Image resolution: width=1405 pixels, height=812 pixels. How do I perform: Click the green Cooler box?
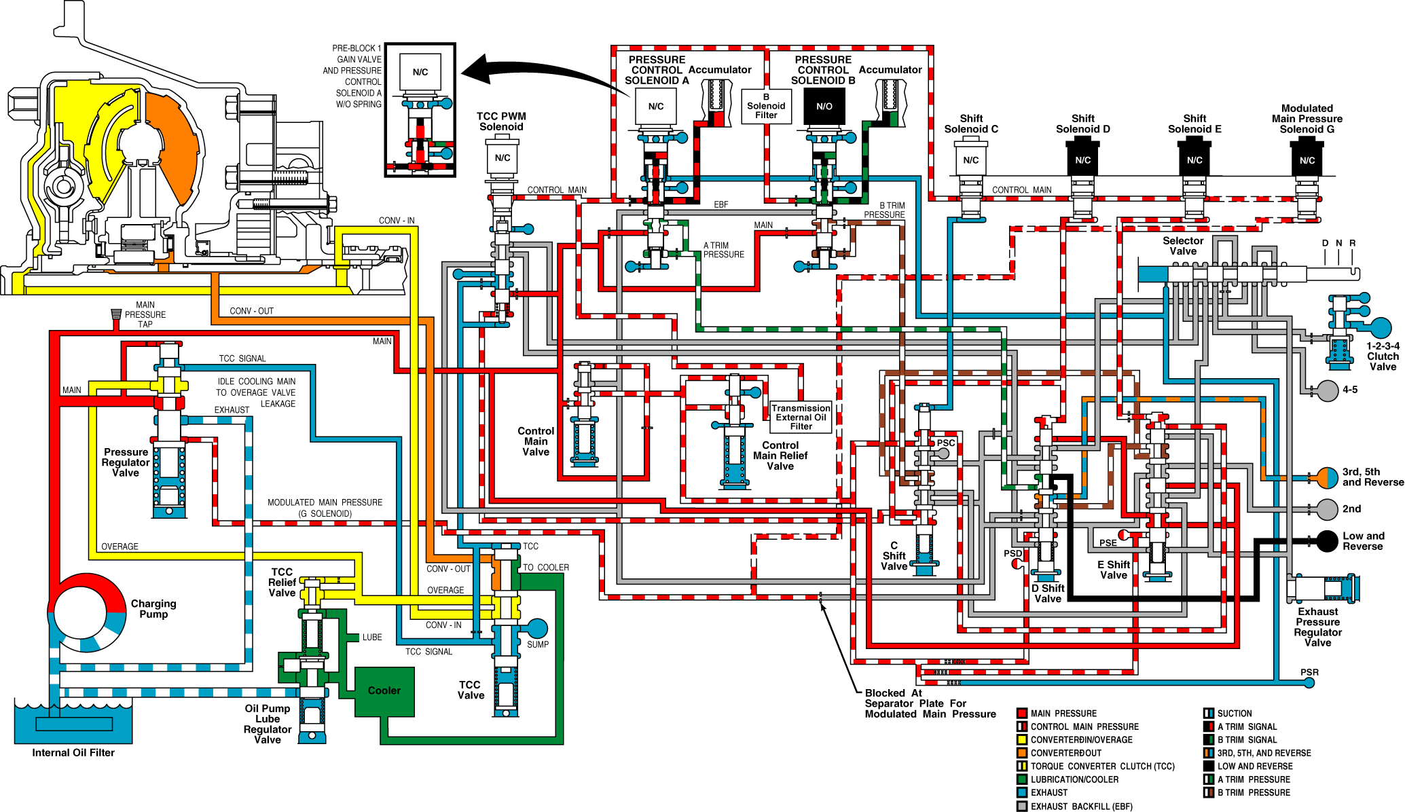click(384, 692)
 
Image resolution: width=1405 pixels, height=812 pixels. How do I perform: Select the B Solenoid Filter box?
click(766, 107)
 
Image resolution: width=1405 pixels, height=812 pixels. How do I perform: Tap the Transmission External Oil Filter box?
click(801, 417)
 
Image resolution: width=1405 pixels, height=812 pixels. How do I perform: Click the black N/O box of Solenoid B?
click(824, 107)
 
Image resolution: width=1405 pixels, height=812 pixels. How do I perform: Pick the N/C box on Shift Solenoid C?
click(971, 160)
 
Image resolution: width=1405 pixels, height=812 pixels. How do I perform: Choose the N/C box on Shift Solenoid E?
click(1194, 160)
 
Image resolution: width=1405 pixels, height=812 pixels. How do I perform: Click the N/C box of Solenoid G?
click(1307, 160)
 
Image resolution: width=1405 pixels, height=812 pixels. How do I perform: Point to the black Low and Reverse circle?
click(1327, 541)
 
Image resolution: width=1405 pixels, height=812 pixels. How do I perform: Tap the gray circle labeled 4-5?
click(1328, 390)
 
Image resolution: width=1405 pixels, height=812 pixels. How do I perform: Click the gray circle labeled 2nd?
click(1327, 509)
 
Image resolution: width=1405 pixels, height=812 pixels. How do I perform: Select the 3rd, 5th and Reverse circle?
click(1327, 478)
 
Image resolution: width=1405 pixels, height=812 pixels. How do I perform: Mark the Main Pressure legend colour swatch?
click(1021, 713)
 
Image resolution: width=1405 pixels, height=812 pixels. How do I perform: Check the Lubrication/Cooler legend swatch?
click(1021, 779)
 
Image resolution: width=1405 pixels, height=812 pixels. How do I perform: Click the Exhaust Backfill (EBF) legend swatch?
click(1021, 806)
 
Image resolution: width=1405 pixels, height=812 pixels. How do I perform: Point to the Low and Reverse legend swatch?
click(1209, 766)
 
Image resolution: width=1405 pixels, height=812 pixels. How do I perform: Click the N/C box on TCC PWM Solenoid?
click(503, 158)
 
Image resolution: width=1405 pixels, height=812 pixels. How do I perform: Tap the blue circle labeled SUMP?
click(537, 629)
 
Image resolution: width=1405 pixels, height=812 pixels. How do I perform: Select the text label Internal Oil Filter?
click(73, 752)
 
